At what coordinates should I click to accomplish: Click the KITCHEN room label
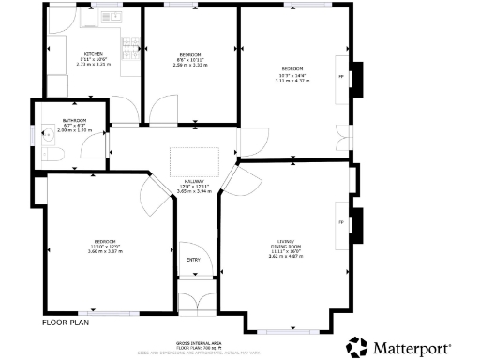click(x=93, y=53)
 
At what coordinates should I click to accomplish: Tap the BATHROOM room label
click(x=75, y=121)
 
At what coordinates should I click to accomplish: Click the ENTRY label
click(x=194, y=259)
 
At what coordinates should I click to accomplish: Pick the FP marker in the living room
click(x=341, y=222)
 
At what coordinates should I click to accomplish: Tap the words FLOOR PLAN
click(x=67, y=322)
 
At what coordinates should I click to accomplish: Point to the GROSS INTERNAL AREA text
click(x=197, y=344)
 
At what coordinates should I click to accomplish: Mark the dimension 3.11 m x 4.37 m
click(x=293, y=81)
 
